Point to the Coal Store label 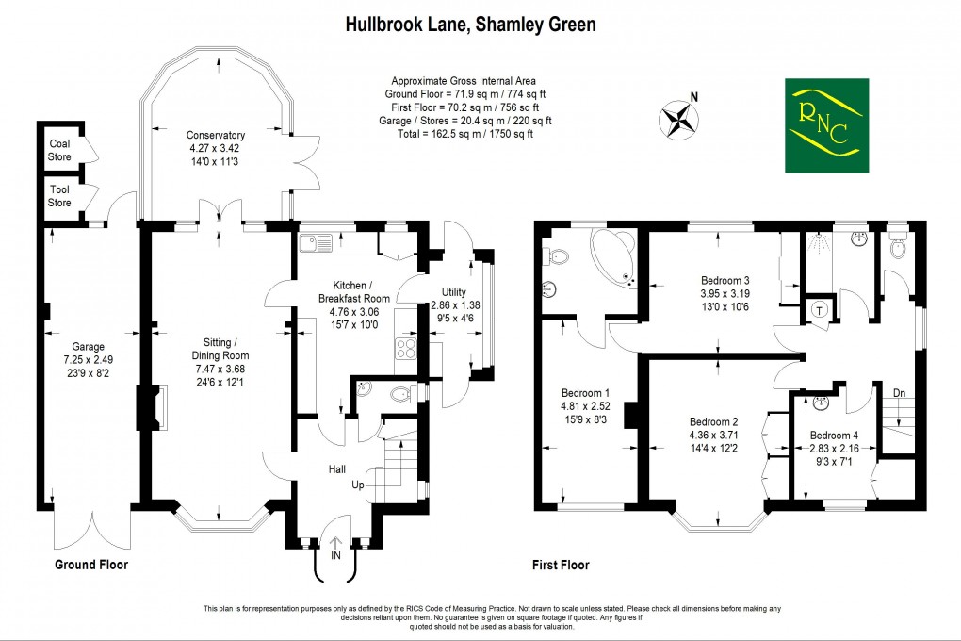tap(59, 150)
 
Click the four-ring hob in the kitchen tap(405, 348)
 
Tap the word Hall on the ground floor tap(337, 468)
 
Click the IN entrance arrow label tap(334, 555)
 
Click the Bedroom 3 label tap(725, 280)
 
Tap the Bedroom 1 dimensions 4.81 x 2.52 tap(585, 406)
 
